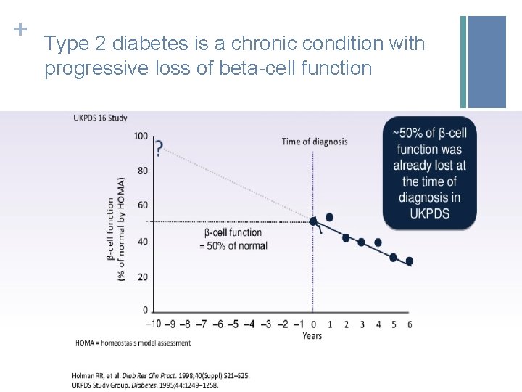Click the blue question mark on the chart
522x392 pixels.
159,148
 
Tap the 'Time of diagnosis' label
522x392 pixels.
315,141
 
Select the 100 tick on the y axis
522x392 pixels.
141,136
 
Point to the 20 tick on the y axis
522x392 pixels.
143,277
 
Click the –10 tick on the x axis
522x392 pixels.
154,324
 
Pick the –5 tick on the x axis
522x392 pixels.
233,324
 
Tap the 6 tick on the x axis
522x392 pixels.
410,324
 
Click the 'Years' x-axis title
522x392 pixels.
312,335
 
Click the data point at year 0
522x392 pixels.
313,221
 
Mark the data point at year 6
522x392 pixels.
410,261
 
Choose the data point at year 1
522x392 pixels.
330,217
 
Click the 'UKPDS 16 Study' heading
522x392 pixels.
100,118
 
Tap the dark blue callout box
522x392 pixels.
430,173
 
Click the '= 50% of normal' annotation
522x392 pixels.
233,245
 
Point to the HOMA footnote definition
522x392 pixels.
133,343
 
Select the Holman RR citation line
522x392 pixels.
160,375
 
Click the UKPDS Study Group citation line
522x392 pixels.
145,385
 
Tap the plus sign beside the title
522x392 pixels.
20,30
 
